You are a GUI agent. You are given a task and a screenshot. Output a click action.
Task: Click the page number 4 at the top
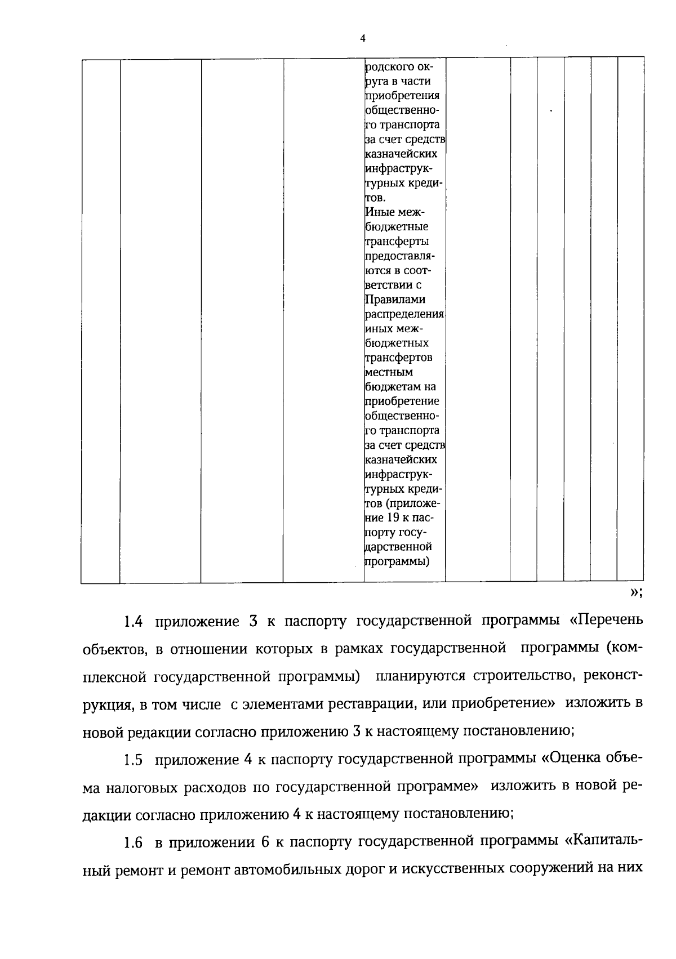pos(363,38)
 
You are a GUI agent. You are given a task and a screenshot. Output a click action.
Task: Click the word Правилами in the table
pos(395,300)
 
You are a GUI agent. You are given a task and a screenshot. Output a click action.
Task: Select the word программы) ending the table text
pos(398,561)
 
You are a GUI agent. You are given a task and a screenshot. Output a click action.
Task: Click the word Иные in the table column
pos(377,212)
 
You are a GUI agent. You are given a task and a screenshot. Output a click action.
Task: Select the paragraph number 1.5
pos(133,760)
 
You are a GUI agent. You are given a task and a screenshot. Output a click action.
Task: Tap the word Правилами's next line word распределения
pos(404,314)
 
